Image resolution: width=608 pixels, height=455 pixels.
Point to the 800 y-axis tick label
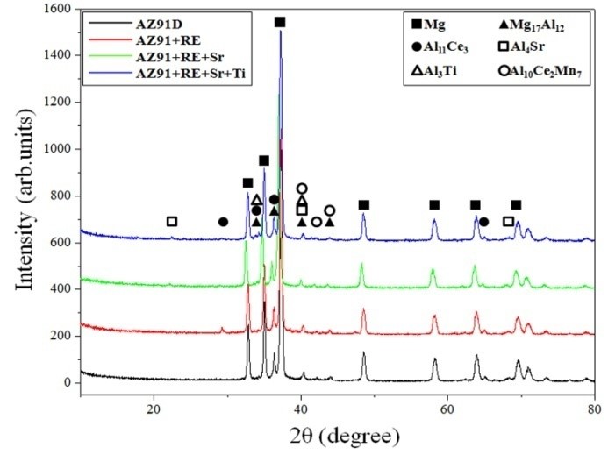tap(60, 196)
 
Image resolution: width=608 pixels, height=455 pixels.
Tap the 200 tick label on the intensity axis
tap(60, 336)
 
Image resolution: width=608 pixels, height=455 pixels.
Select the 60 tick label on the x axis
tap(447, 407)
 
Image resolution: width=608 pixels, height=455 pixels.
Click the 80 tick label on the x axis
tap(594, 407)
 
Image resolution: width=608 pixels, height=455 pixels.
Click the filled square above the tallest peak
tap(280, 22)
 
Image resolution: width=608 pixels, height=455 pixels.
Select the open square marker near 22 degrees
tap(172, 222)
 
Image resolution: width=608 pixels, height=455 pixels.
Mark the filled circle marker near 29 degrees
tap(223, 222)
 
